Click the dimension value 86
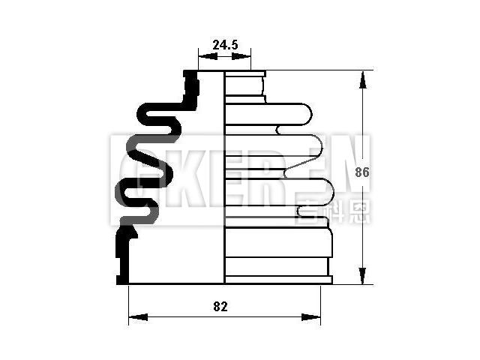pyautogui.click(x=362, y=172)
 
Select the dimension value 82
pyautogui.click(x=220, y=306)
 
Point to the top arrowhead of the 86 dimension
pyautogui.click(x=362, y=76)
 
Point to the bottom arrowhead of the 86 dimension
pyautogui.click(x=362, y=278)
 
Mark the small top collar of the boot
pyautogui.click(x=245, y=84)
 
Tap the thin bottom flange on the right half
pyautogui.click(x=278, y=280)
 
